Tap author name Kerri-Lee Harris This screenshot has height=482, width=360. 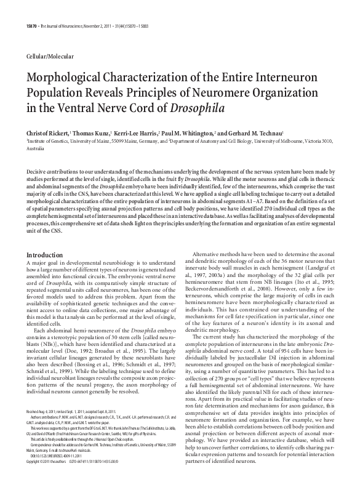coord(141,132)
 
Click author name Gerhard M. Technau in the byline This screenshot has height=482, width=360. coord(255,132)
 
